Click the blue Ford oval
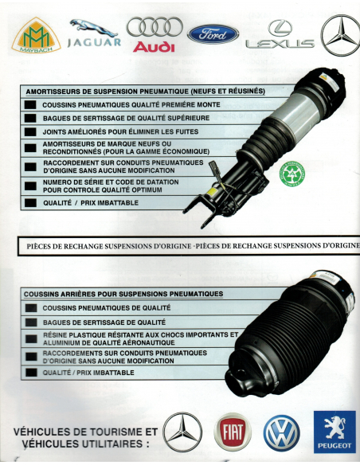(213, 33)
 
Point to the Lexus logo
(279, 37)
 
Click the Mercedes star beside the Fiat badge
(182, 432)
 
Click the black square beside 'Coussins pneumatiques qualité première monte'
(29, 105)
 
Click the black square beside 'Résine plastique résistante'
(29, 339)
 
